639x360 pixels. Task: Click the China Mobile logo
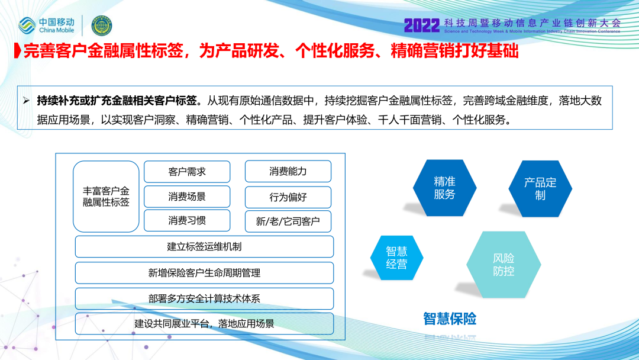tap(46, 25)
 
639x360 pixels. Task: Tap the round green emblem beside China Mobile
tap(102, 25)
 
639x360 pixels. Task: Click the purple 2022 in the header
tap(422, 25)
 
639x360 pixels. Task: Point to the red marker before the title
tap(17, 50)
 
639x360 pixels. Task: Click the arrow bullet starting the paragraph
tap(27, 100)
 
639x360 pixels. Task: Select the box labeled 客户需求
tap(187, 172)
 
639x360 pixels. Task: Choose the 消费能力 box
tap(288, 171)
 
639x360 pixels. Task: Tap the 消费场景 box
tap(187, 197)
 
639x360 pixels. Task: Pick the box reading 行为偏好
tap(288, 197)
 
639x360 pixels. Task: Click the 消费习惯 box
tap(187, 221)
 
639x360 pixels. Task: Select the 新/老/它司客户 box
tap(288, 221)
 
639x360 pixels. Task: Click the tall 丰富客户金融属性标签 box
tap(106, 197)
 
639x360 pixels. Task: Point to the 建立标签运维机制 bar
tap(204, 247)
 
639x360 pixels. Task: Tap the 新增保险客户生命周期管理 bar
tap(204, 273)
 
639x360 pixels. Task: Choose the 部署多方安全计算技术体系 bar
tap(204, 298)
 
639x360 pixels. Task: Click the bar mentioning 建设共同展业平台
tap(204, 324)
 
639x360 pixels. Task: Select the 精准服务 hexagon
tap(444, 188)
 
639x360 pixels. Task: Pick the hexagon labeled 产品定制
tap(540, 189)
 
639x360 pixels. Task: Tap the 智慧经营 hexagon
tap(396, 258)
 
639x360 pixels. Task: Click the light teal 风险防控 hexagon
tap(504, 265)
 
